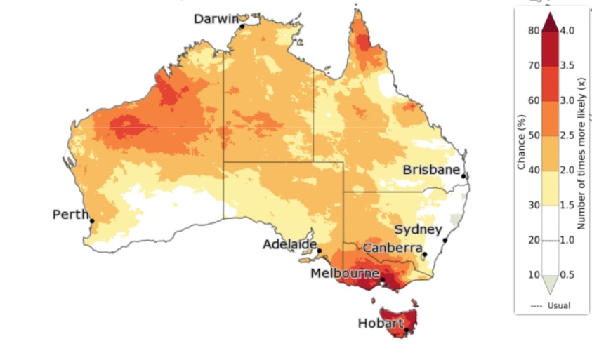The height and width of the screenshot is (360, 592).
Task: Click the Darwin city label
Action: click(216, 19)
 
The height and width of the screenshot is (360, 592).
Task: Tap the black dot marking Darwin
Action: click(242, 27)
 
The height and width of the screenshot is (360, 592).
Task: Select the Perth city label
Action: click(70, 214)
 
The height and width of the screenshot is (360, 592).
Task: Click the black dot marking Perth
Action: click(92, 221)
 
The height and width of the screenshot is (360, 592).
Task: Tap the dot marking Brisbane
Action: click(463, 176)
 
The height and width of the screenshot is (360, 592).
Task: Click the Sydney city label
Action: click(419, 229)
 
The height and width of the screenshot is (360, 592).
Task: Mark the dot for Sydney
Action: click(445, 240)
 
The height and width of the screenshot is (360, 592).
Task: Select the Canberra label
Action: click(393, 248)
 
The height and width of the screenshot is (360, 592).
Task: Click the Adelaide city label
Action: click(288, 244)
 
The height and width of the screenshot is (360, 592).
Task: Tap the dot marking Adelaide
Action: click(319, 251)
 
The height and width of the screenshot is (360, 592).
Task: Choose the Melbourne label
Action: click(345, 273)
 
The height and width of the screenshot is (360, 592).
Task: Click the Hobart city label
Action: click(381, 324)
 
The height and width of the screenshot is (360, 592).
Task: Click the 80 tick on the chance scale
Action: click(533, 30)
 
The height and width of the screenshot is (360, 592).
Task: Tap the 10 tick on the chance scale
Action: click(533, 274)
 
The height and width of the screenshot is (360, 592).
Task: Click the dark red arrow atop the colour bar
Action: click(551, 22)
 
